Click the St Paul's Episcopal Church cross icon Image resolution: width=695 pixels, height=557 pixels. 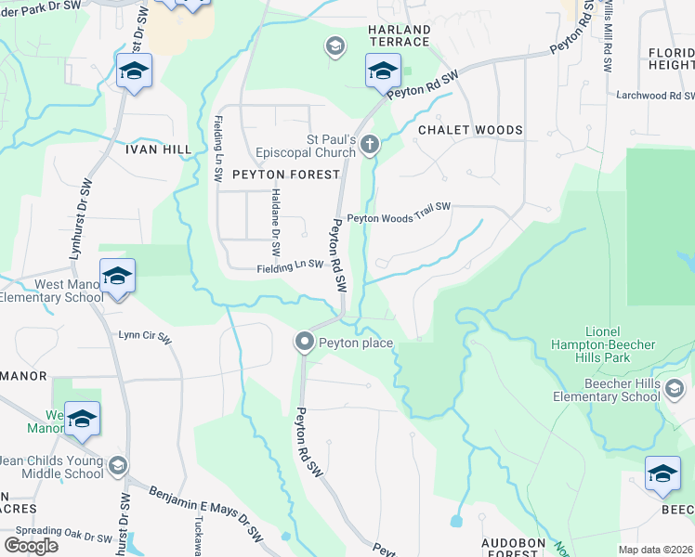370,144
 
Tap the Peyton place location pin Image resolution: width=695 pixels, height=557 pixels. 304,343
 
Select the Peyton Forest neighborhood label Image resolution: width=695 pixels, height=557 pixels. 275,174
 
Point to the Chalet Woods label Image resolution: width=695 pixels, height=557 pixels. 470,130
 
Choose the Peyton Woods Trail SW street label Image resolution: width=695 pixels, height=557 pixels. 399,219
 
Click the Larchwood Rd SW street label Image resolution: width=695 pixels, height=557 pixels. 655,96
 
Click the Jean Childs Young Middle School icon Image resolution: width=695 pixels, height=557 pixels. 118,465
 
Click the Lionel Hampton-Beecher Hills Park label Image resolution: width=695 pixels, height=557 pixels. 620,338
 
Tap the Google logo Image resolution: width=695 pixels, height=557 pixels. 30,545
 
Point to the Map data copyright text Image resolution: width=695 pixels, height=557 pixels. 656,550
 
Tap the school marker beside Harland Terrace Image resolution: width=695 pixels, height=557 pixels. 383,71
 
